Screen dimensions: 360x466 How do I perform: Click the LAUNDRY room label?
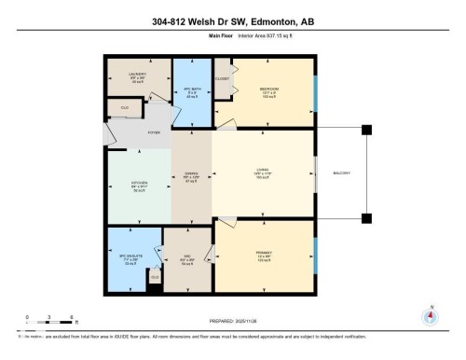(x=138, y=75)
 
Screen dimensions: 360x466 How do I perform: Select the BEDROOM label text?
(x=270, y=89)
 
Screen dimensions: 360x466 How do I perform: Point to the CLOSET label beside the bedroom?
(x=222, y=79)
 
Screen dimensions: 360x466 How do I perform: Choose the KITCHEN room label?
(x=138, y=184)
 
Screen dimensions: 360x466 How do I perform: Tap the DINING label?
(x=190, y=173)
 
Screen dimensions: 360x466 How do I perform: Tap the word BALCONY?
(x=341, y=173)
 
